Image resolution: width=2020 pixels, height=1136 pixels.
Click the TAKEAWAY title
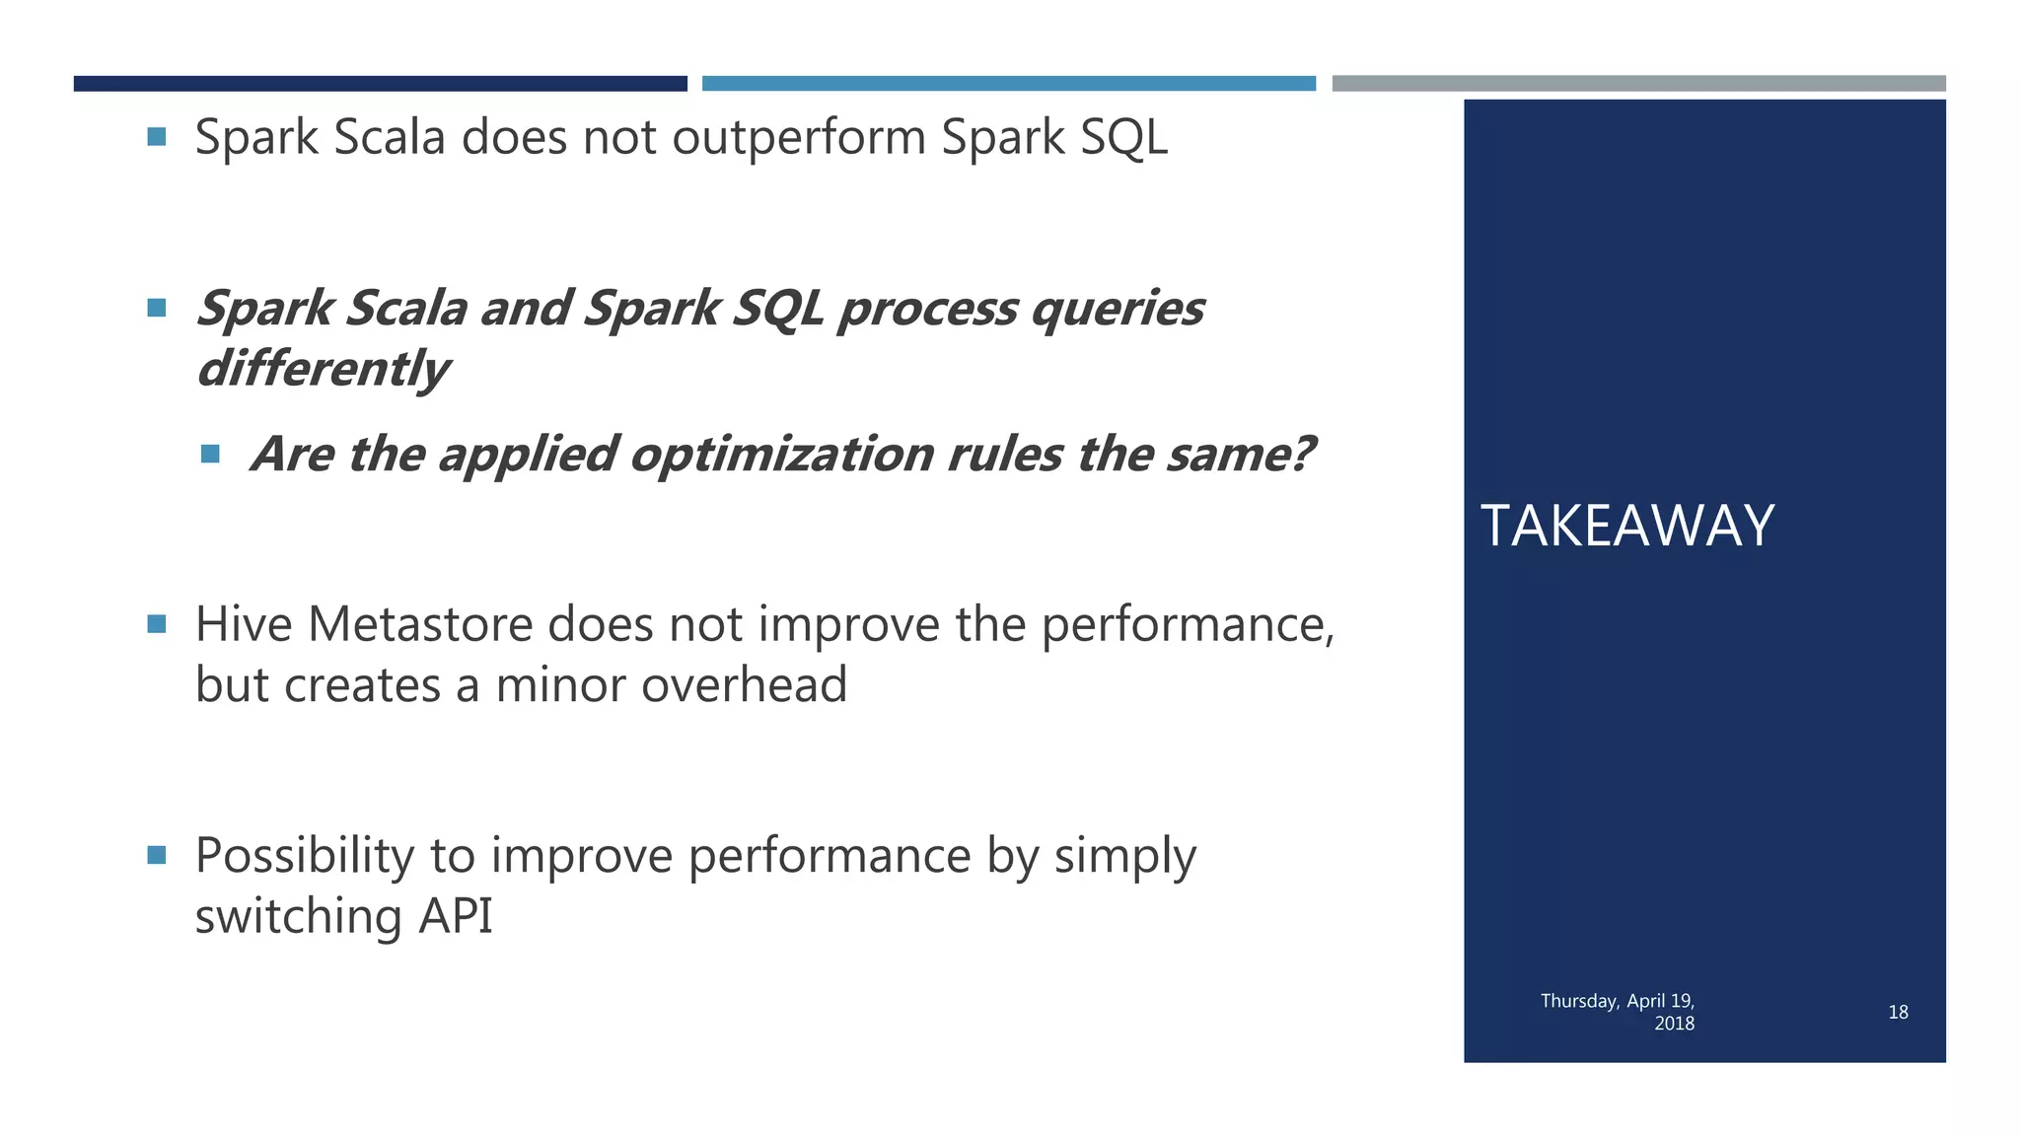pos(1627,526)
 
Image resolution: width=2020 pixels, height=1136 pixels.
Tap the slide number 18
pos(1898,1012)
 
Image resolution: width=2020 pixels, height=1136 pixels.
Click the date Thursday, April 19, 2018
pos(1618,1012)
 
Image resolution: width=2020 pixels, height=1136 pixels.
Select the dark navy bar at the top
pos(380,84)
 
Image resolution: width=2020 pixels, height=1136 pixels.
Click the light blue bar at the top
pos(1008,84)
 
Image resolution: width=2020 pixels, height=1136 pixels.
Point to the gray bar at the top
pos(1638,84)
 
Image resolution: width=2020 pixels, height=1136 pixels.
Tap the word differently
pos(323,369)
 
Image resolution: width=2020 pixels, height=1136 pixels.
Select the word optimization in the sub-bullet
pos(781,455)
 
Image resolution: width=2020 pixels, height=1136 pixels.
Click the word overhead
pos(744,685)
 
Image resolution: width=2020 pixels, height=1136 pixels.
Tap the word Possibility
pos(304,856)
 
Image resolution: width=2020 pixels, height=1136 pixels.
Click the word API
pos(455,916)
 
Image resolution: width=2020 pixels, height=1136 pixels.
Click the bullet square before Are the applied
pos(210,454)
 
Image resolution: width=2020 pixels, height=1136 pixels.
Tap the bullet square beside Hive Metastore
pos(157,624)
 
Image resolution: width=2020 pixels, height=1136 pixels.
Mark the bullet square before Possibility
pos(157,854)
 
